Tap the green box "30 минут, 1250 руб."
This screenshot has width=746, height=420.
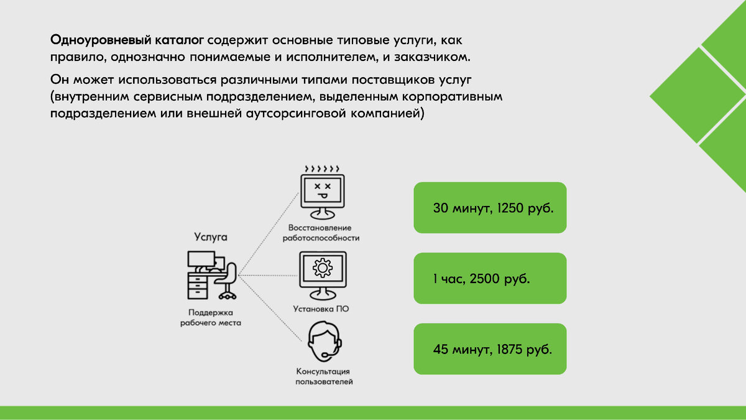click(490, 208)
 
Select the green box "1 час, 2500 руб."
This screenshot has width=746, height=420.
click(490, 278)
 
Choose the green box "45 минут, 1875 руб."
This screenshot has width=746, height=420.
click(490, 349)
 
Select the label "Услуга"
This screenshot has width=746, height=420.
click(211, 237)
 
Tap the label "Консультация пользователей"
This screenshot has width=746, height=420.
click(324, 376)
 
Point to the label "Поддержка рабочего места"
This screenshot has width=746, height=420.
click(210, 317)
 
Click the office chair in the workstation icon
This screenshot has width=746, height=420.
click(228, 281)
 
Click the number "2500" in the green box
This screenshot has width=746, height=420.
click(484, 278)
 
